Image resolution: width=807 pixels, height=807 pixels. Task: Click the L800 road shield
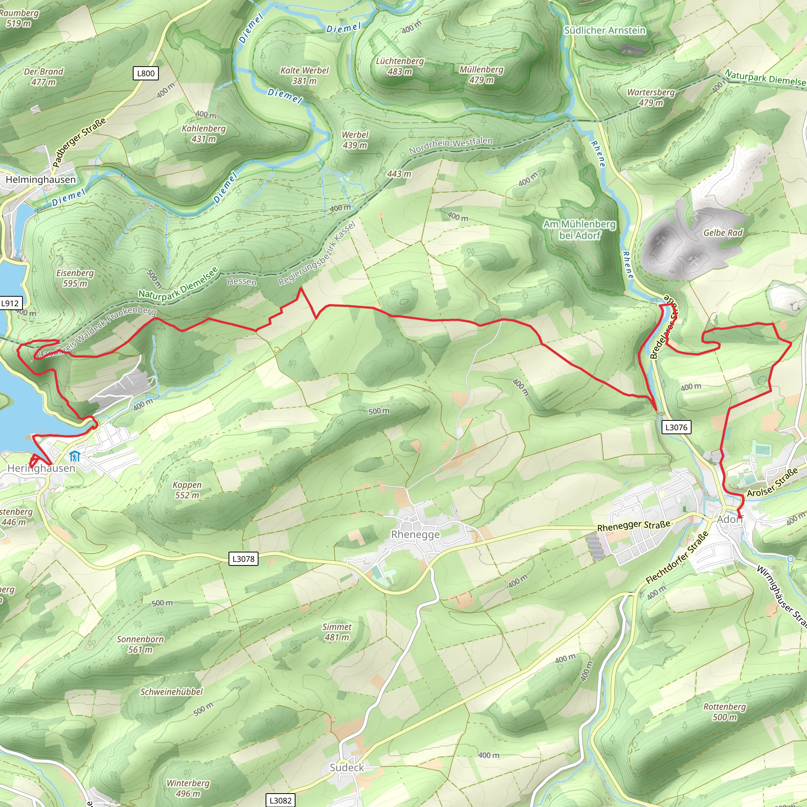coord(146,74)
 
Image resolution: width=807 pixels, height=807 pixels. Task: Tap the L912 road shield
coord(10,303)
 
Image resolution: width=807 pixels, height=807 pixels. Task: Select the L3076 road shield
coord(676,427)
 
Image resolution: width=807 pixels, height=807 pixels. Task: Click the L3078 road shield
coord(244,559)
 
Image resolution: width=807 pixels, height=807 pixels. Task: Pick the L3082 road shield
coord(280,800)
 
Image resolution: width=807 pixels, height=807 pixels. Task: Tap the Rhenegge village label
coord(415,535)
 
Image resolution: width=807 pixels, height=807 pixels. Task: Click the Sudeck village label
coord(347,768)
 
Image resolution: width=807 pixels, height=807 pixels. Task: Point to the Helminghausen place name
coord(41,180)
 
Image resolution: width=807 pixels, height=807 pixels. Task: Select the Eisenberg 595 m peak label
coord(75,278)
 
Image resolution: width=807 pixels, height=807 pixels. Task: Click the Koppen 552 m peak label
coord(187,490)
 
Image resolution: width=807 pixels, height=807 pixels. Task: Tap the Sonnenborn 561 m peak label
coord(140,644)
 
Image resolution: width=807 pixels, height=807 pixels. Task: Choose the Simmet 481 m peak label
coord(337,632)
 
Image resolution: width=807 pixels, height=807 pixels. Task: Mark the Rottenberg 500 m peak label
coord(725,712)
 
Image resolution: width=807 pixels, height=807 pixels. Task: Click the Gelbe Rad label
coord(723,232)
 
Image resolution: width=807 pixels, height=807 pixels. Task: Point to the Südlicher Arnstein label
coord(604,30)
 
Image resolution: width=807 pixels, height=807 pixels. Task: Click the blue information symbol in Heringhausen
coord(75,457)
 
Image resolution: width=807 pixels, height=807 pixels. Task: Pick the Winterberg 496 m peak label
coord(188,788)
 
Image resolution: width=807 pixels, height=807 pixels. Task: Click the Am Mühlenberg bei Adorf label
coord(579,230)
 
